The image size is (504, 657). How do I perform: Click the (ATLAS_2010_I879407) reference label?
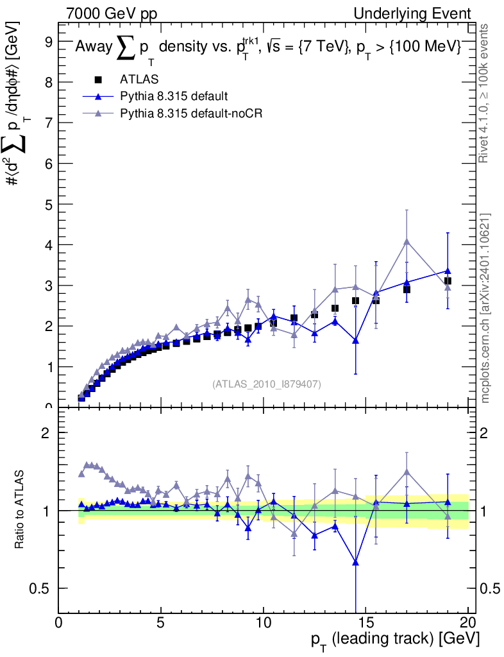[267, 384]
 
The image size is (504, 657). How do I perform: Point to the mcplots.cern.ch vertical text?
[485, 308]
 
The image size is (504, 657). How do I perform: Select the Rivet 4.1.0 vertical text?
[485, 93]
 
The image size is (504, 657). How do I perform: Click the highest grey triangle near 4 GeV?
[407, 241]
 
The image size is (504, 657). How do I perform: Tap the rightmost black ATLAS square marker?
[448, 281]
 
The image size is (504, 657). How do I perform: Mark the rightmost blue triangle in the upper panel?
[448, 271]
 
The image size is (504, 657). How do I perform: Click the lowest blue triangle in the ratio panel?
[355, 563]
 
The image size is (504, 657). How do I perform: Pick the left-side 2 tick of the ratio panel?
[47, 433]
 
